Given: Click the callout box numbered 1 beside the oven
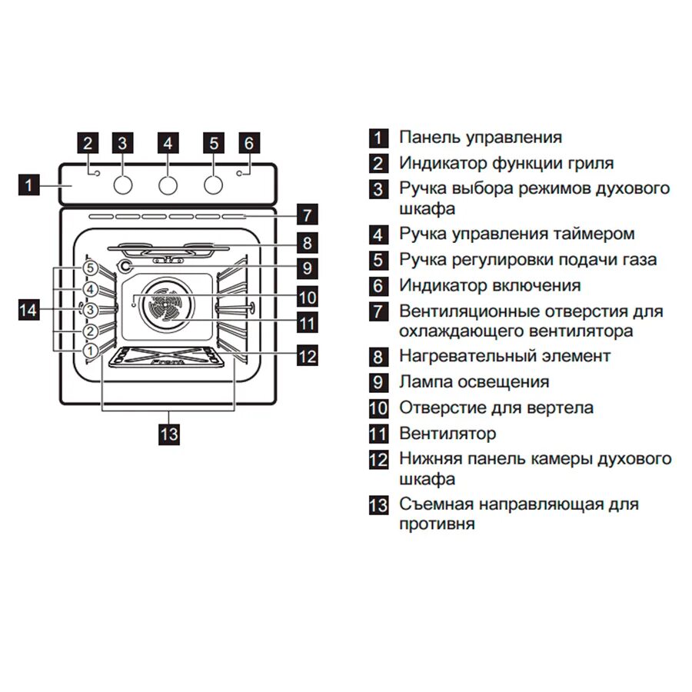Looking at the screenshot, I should tap(28, 185).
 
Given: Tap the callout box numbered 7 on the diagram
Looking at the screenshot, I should tap(308, 215).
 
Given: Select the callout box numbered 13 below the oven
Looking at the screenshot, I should tap(168, 434).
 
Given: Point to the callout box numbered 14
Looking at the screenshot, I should tap(28, 310).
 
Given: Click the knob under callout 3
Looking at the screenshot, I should tap(122, 185).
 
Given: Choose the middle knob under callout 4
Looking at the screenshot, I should tap(168, 185).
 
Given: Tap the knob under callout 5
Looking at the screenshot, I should tap(215, 185).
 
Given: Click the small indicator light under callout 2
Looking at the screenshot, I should tap(96, 174).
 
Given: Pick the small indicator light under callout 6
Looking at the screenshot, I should tap(239, 174).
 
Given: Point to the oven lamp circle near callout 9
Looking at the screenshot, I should tap(125, 267).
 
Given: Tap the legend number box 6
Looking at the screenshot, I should tap(378, 286).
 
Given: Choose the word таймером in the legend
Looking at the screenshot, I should tap(595, 234).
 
